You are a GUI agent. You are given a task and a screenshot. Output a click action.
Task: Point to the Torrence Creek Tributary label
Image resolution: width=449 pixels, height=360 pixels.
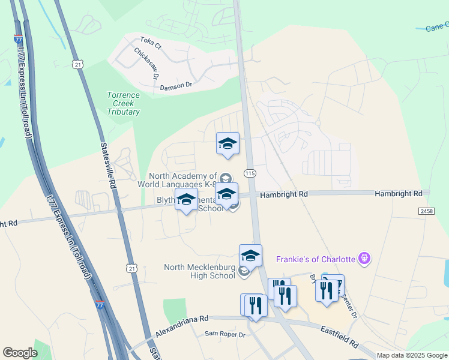point(123,103)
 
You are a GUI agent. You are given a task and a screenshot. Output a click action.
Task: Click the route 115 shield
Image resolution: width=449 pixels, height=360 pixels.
point(250,173)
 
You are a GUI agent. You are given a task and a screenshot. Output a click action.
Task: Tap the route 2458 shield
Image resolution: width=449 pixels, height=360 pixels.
point(426,211)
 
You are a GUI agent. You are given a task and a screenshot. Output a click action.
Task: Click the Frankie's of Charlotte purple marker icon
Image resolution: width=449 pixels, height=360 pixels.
point(364,259)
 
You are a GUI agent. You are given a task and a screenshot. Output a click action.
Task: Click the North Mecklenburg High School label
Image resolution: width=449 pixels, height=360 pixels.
point(199,271)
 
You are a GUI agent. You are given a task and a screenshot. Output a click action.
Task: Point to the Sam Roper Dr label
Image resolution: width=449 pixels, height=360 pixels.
point(225,334)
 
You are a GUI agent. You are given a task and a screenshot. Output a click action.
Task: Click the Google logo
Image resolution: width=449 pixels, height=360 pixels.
point(20,353)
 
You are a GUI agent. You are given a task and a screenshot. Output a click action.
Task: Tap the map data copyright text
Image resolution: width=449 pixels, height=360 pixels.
point(412,355)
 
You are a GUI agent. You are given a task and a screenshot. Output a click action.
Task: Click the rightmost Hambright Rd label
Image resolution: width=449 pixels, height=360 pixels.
point(398,193)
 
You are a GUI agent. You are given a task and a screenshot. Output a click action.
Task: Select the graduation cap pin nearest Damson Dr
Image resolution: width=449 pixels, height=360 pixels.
point(228,145)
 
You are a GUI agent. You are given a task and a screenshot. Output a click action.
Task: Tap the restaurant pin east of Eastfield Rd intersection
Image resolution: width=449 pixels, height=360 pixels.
point(327,291)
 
